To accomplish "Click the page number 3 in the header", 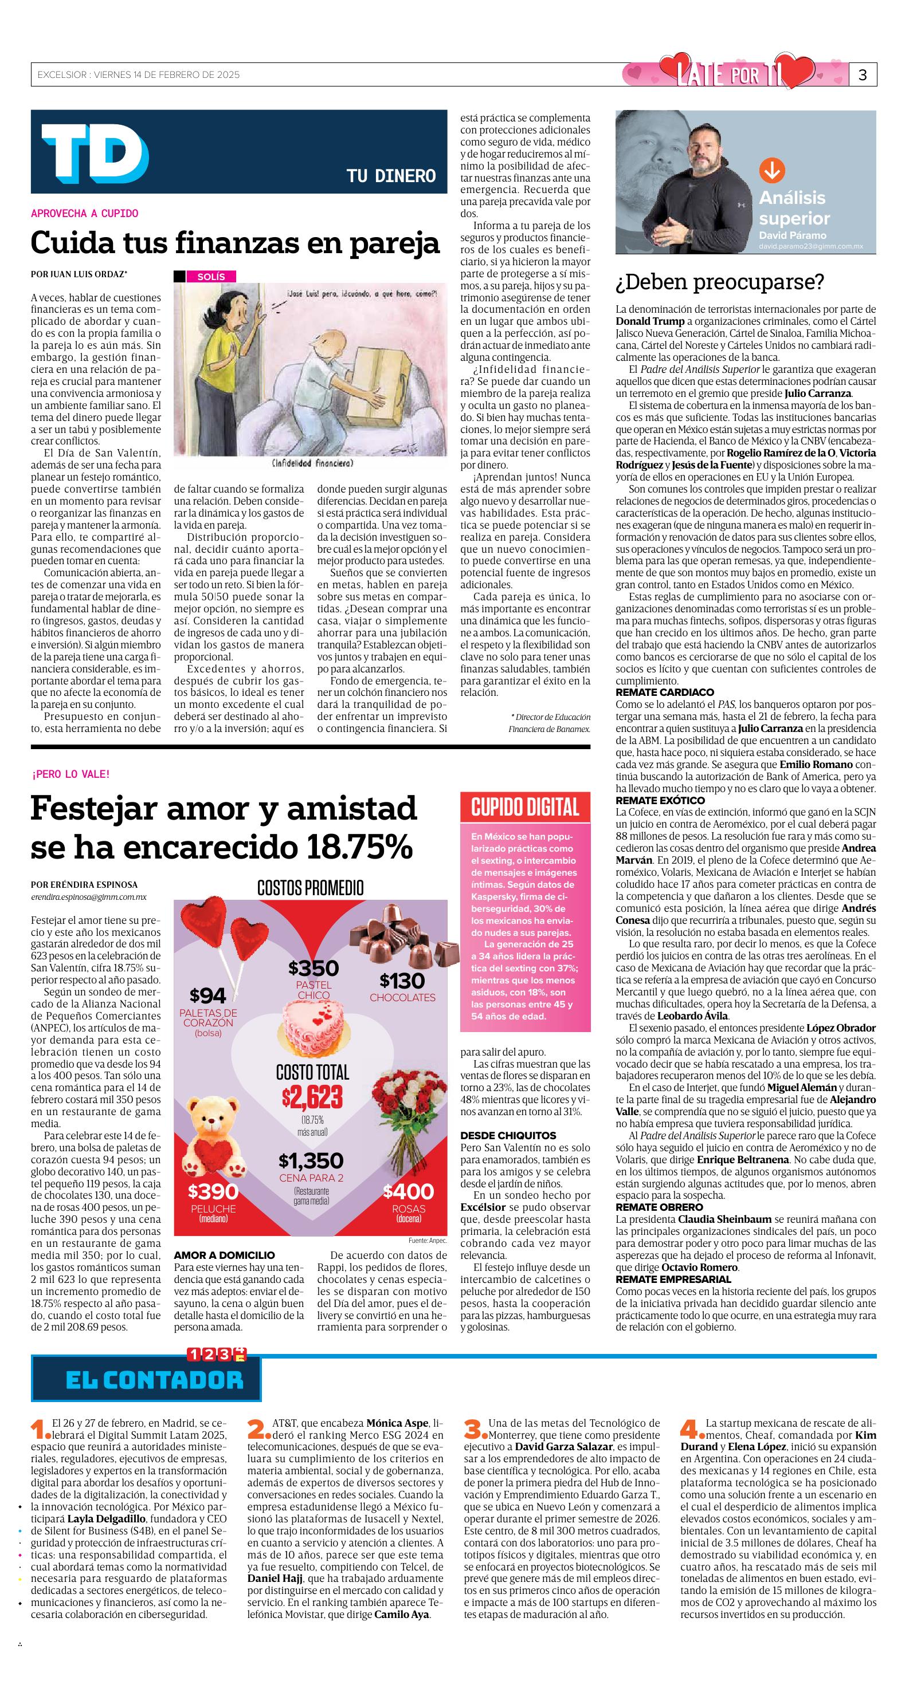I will point(862,75).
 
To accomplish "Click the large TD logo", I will point(95,153).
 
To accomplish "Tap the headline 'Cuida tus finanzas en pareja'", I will point(235,243).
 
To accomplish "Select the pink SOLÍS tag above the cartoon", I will point(211,277).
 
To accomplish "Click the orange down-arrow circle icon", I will point(771,171).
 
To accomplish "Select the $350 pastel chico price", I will point(313,968).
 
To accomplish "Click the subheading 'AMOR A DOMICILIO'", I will point(224,1255).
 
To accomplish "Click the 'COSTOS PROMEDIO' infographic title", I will point(310,888).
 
